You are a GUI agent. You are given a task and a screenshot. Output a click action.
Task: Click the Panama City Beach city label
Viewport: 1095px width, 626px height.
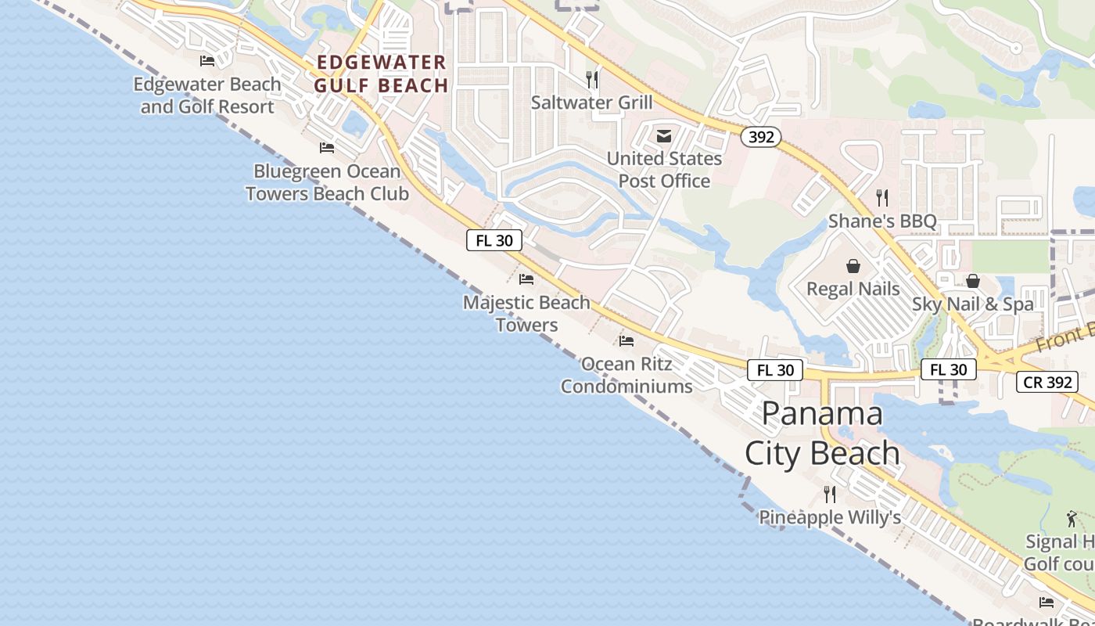pos(821,434)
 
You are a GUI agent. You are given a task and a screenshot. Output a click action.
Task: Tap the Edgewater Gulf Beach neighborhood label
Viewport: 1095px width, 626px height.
pos(381,74)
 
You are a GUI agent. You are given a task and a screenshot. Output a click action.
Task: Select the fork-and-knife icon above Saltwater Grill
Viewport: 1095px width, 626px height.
pos(592,79)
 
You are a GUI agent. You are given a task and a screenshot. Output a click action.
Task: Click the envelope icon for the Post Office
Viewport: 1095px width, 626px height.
pos(664,136)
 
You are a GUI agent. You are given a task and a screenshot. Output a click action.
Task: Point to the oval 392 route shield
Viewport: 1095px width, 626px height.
pos(760,138)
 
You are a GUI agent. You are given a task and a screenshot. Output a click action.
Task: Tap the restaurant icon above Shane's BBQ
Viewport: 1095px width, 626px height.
pos(882,197)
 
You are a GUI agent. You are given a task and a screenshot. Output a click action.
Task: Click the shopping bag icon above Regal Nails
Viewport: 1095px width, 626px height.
pos(853,266)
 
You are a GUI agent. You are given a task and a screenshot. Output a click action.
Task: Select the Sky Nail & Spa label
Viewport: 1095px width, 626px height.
pos(973,304)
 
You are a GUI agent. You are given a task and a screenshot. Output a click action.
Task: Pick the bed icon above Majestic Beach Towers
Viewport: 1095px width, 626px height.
pos(526,279)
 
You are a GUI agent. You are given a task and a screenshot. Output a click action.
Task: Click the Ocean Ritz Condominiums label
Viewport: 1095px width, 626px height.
pos(626,375)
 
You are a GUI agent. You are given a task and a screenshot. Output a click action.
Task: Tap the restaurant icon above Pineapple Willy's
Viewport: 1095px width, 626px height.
pos(830,494)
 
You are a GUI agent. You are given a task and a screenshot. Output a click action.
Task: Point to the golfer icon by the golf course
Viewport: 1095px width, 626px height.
pos(1072,518)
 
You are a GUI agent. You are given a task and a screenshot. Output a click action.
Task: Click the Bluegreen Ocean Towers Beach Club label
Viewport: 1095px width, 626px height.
pos(327,182)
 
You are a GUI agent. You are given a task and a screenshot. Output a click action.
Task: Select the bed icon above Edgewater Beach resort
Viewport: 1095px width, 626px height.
pos(207,60)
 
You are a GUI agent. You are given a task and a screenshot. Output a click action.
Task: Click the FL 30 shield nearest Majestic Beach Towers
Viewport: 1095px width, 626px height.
pos(494,240)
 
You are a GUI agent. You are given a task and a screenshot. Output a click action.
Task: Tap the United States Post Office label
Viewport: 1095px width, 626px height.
pos(664,169)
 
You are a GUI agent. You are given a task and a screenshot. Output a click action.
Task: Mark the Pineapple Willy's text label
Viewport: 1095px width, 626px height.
pos(830,517)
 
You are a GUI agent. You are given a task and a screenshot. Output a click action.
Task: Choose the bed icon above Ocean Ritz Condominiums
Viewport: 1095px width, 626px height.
pos(626,340)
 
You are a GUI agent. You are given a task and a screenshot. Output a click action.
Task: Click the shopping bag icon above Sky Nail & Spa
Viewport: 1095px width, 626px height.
pos(973,281)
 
